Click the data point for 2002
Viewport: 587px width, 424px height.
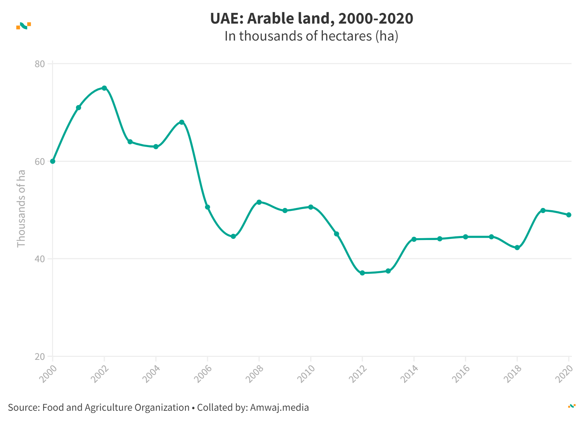point(104,88)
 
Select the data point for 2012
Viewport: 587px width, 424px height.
point(362,273)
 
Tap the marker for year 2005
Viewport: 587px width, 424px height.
point(182,122)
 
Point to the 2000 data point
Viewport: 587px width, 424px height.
point(53,161)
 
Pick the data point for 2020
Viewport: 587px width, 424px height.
point(569,215)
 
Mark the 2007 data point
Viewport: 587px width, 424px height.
point(233,236)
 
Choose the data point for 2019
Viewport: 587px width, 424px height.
point(543,211)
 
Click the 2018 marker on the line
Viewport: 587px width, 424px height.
point(517,248)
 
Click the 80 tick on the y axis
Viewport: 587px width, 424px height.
point(40,64)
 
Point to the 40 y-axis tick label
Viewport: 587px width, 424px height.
point(40,259)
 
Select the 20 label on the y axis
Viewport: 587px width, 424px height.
point(40,357)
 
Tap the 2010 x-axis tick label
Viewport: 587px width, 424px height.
point(306,373)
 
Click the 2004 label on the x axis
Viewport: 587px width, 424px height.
point(151,373)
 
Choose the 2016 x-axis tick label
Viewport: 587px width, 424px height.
point(461,373)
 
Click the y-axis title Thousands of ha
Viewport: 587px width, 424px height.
point(21,208)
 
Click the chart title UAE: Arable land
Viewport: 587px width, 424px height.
point(312,18)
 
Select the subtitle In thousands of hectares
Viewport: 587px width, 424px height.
point(312,36)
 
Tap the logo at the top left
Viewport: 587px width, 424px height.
point(24,26)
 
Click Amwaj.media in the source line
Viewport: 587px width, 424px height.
point(279,407)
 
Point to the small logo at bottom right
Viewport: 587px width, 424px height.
point(572,406)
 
